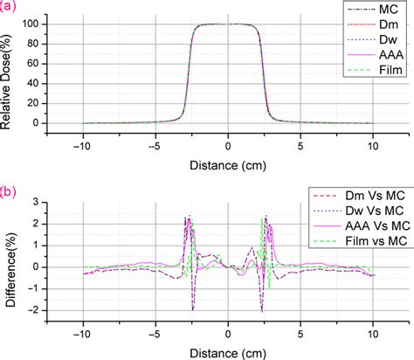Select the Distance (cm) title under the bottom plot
[229, 350]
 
